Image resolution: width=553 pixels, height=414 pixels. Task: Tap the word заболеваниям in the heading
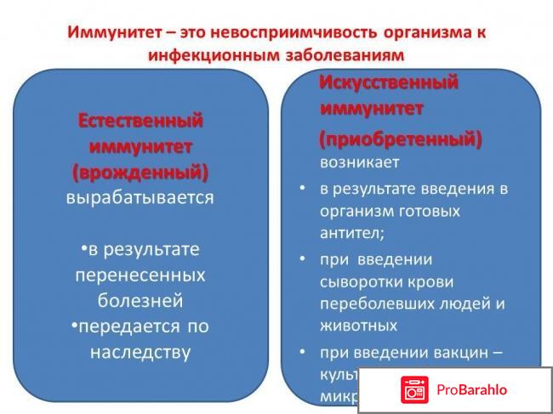coord(342,54)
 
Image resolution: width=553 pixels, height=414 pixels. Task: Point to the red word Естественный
coord(140,121)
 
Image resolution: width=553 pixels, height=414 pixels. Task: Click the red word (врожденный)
coord(140,173)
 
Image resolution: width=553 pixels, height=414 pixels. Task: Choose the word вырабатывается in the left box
coord(140,198)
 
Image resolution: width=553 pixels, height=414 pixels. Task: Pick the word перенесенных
coord(140,275)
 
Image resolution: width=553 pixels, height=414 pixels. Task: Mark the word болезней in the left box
coord(140,301)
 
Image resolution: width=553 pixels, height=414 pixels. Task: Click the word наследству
coord(140,352)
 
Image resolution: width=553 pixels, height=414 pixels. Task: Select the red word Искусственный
coord(389,83)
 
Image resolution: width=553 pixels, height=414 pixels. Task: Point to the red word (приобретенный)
coord(400,138)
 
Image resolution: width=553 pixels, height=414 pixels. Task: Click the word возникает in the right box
coord(359,162)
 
